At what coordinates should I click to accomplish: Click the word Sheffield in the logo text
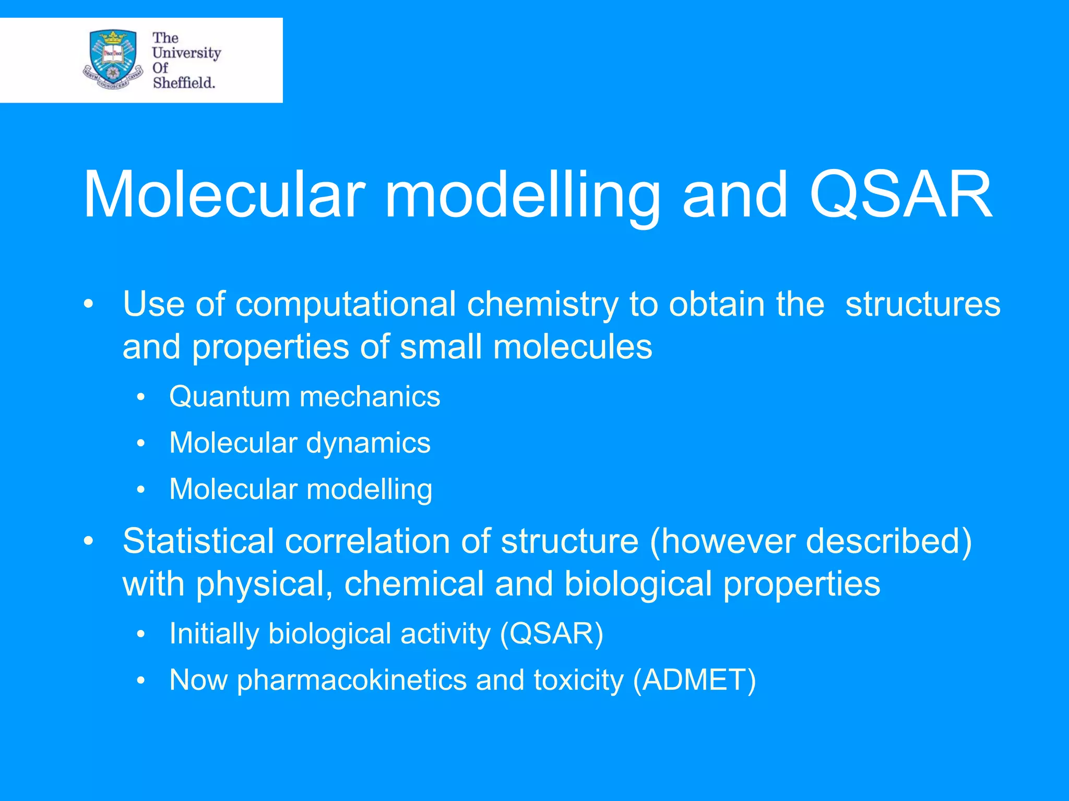coord(184,83)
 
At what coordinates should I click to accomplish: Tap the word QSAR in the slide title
coord(900,195)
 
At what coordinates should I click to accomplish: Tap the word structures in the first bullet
coord(922,305)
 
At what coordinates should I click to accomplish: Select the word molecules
coord(573,347)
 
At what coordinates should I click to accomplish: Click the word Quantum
coord(229,397)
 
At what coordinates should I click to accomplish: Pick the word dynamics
coord(368,443)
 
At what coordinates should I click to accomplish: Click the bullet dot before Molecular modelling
coord(140,490)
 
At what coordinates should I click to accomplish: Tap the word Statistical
coord(198,541)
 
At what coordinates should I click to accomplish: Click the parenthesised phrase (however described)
coord(811,541)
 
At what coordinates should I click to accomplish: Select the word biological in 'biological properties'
coord(638,585)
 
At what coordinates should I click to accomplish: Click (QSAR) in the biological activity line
coord(551,634)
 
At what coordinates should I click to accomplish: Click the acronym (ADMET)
coord(694,681)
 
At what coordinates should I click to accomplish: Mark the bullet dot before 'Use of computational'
coord(89,304)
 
